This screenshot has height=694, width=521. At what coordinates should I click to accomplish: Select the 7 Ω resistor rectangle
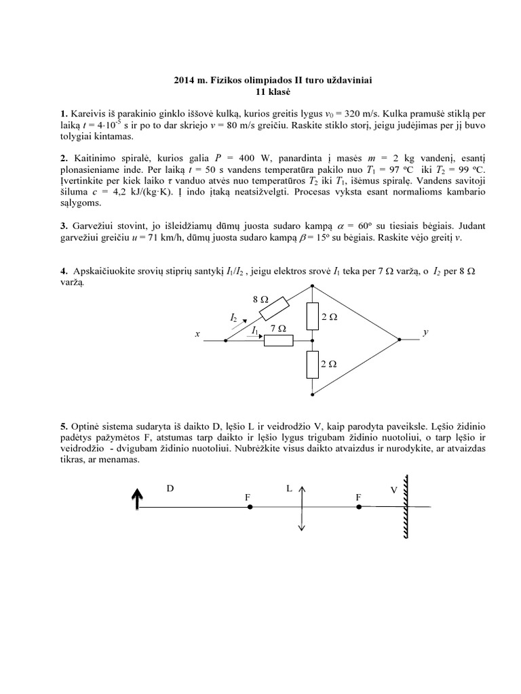click(278, 340)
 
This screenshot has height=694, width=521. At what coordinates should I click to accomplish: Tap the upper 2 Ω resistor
click(312, 315)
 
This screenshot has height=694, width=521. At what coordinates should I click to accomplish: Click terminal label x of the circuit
click(197, 334)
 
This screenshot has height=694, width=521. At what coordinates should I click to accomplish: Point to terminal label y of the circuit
click(425, 333)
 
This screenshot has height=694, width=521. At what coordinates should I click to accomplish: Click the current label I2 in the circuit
click(233, 317)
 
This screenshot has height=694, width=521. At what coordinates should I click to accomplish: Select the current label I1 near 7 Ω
click(255, 330)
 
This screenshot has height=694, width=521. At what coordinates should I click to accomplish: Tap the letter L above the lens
click(289, 487)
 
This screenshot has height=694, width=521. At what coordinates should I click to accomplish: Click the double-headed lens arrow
click(301, 507)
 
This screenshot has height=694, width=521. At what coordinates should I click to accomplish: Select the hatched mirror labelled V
click(406, 507)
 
